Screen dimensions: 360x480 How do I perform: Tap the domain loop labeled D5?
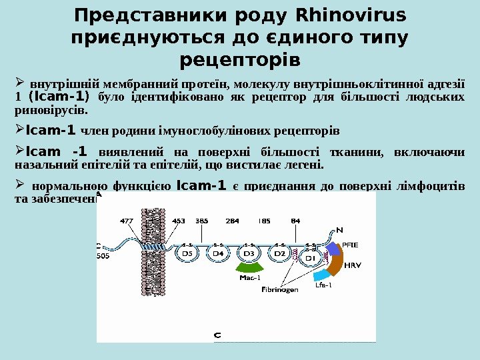click(187, 253)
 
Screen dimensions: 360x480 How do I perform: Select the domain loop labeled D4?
click(218, 253)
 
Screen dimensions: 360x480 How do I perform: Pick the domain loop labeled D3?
click(249, 253)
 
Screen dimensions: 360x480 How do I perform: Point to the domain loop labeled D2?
click(279, 253)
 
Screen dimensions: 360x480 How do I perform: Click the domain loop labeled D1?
click(310, 257)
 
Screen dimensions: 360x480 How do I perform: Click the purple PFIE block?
click(332, 249)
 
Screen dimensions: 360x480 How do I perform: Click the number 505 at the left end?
click(103, 255)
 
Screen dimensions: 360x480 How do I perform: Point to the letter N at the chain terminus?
click(339, 231)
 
